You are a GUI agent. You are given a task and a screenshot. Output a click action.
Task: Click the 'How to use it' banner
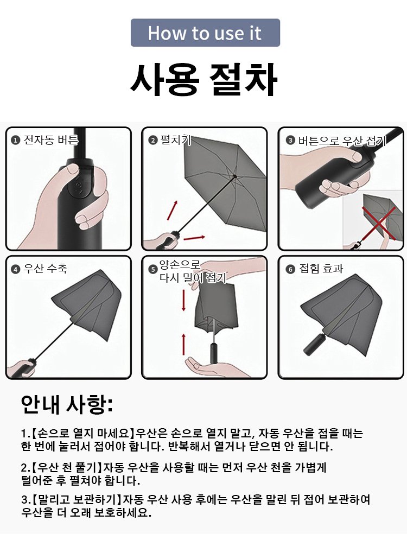(x=205, y=33)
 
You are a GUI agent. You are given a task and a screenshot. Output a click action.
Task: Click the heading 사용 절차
(x=203, y=79)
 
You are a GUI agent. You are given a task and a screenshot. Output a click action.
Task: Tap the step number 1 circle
(x=15, y=141)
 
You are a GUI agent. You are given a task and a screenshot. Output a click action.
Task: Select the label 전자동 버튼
(x=50, y=139)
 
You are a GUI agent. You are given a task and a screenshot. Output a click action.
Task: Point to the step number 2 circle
(x=153, y=141)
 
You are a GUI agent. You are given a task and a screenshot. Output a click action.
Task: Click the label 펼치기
(x=175, y=139)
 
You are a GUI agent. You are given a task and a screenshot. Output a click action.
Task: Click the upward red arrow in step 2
(x=173, y=210)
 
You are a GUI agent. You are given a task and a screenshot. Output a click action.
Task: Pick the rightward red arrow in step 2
(x=194, y=237)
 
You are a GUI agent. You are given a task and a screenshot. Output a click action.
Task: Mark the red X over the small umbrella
(x=379, y=223)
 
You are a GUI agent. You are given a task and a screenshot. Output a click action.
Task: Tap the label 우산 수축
(x=45, y=269)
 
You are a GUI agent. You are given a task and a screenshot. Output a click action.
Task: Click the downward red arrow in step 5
(x=184, y=300)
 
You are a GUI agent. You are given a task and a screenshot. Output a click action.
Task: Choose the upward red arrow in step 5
(x=184, y=345)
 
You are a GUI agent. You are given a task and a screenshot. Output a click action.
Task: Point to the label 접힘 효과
(x=321, y=269)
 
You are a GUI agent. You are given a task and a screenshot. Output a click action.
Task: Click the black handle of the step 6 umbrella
(x=314, y=344)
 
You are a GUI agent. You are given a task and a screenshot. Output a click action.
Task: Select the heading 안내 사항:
(x=67, y=404)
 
